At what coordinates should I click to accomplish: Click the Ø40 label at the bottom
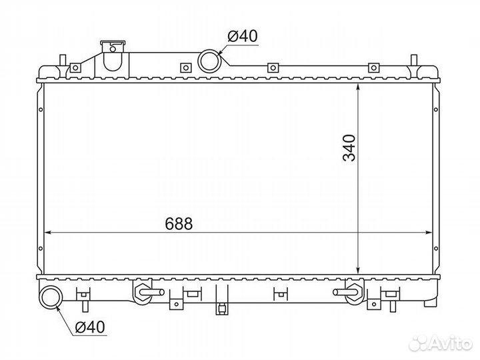[x=89, y=327]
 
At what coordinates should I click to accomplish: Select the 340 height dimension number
[x=350, y=148]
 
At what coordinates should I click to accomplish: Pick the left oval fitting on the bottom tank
[x=143, y=291]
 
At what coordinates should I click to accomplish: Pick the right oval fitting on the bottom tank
[x=351, y=291]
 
